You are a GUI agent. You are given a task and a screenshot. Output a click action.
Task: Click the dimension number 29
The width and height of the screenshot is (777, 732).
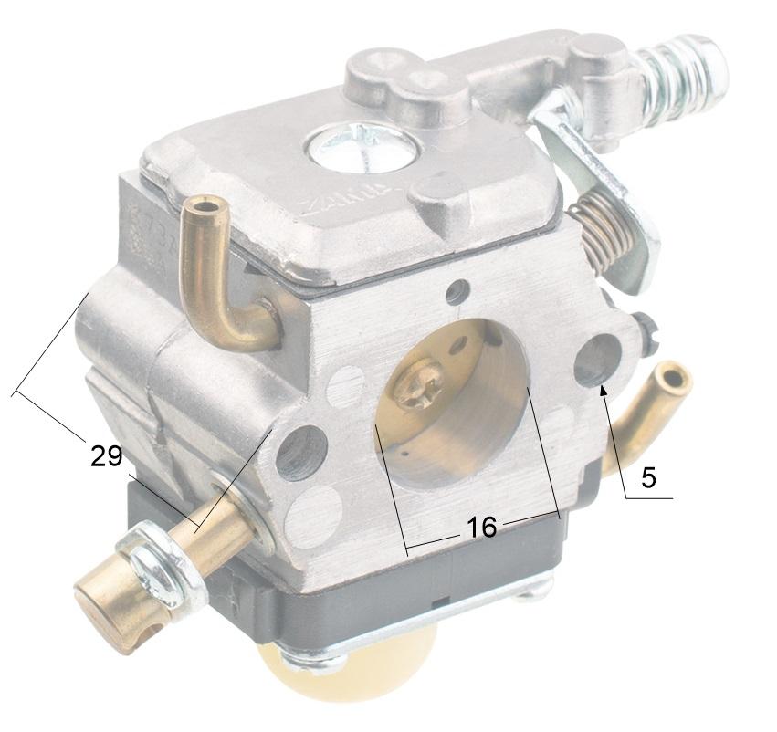click(x=106, y=455)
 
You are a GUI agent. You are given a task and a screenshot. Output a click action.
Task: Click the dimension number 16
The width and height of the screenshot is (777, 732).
click(x=481, y=527)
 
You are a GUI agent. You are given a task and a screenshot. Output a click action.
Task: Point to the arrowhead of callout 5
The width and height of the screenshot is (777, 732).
click(x=603, y=392)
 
